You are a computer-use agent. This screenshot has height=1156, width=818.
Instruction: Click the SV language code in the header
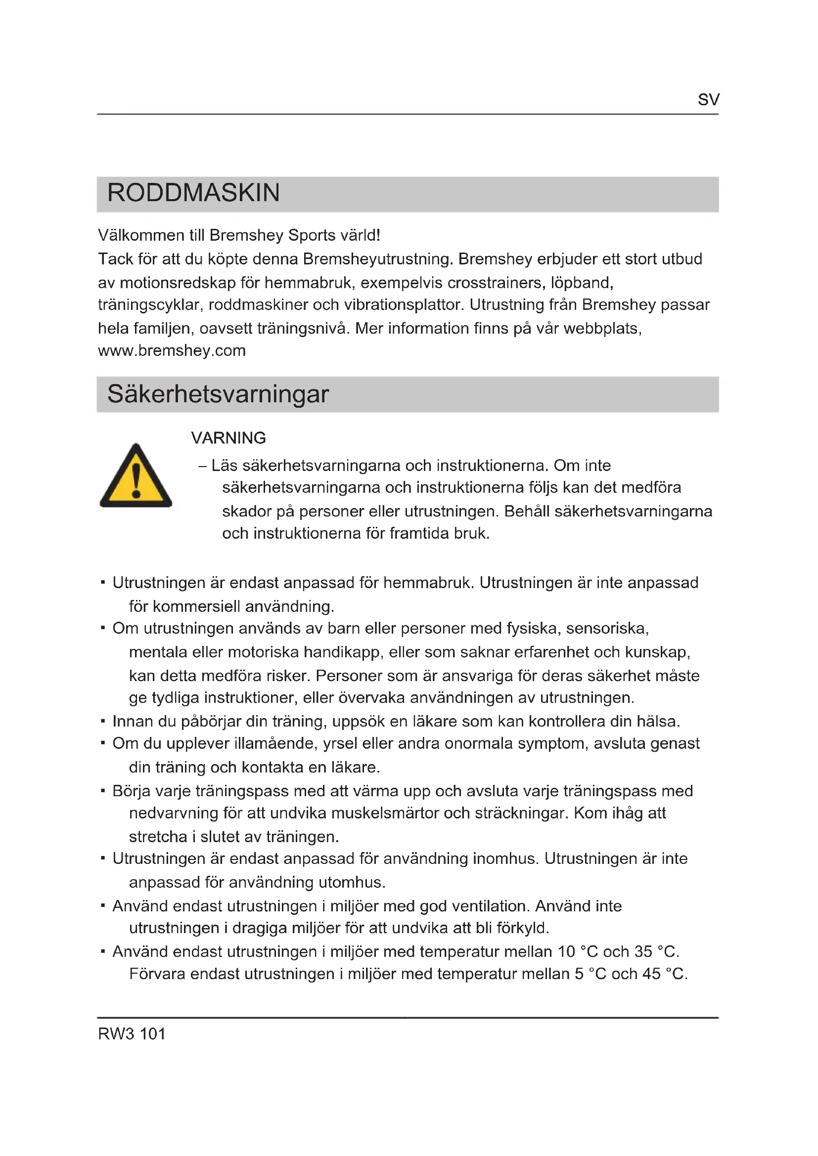point(708,100)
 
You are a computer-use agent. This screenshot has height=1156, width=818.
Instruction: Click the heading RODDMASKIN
point(193,193)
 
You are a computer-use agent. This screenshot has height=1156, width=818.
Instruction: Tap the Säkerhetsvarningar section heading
point(218,394)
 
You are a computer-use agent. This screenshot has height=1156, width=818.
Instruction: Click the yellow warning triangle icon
point(136,476)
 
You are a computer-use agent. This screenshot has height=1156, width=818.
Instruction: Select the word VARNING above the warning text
point(228,438)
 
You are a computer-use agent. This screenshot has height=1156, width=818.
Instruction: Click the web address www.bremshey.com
point(172,351)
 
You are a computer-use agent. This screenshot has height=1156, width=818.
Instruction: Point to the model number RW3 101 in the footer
point(132,1033)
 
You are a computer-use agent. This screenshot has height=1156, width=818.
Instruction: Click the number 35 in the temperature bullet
point(643,951)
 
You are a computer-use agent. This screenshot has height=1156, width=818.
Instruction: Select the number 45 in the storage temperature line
point(651,974)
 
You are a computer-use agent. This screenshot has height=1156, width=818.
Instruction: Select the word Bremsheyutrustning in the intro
point(374,259)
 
